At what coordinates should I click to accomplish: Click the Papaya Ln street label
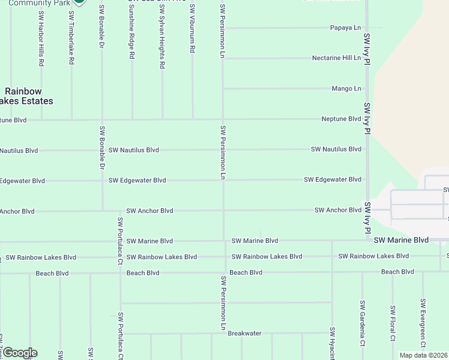[346, 28]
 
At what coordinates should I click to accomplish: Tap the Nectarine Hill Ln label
[336, 58]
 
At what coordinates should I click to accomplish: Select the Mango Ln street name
[346, 89]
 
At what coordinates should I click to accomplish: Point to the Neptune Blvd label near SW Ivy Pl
[341, 119]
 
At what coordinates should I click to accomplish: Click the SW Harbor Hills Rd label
[41, 38]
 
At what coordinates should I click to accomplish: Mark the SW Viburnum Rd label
[193, 29]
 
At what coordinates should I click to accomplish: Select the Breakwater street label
[244, 334]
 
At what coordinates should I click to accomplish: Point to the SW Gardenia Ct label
[363, 323]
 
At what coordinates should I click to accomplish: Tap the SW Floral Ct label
[393, 323]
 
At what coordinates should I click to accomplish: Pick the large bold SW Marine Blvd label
[401, 240]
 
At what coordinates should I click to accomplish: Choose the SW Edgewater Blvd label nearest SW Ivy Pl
[333, 179]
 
